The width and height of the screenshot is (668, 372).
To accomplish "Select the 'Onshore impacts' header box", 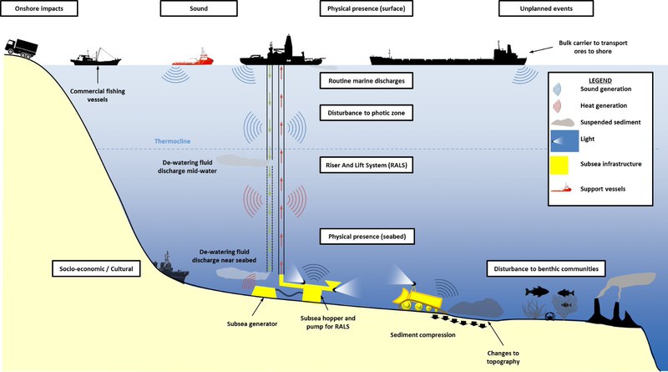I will tap(34, 10).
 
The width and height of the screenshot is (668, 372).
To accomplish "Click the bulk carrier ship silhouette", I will tap(451, 56).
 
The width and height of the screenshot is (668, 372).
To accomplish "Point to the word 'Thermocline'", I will tap(174, 141).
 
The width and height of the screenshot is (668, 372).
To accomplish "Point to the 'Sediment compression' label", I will tap(423, 334).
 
